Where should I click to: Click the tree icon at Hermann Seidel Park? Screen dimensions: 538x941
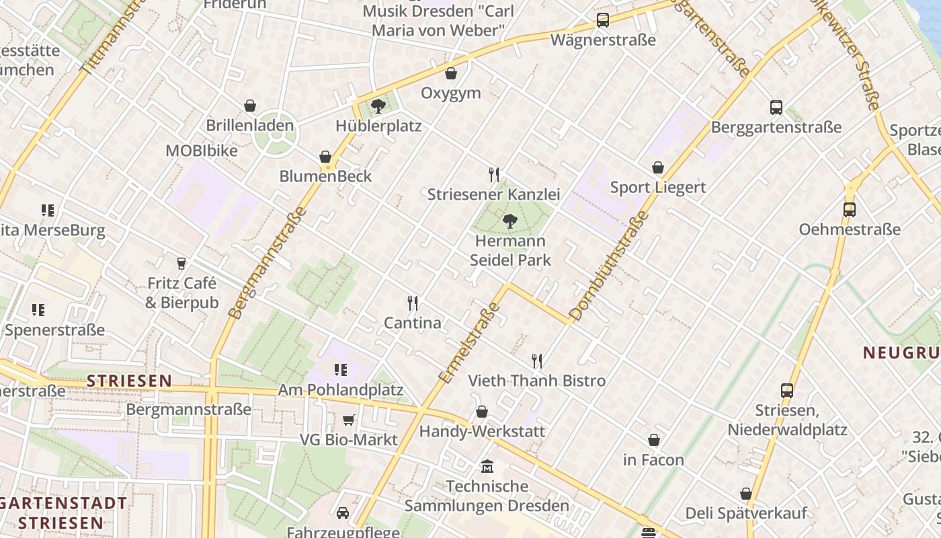(510, 221)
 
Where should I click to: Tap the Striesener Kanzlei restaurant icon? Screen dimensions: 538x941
(494, 175)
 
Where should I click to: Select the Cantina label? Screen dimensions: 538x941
(413, 323)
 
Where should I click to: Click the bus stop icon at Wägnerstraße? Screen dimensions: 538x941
(603, 20)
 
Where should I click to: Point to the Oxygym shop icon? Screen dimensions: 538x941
(451, 73)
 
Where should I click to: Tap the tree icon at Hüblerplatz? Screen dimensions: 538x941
(378, 106)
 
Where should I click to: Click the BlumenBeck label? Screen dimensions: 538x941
(325, 176)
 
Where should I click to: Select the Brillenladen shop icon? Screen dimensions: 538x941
(250, 106)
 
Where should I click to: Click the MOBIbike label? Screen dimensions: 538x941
(202, 151)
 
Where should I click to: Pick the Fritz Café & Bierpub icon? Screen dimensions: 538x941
(181, 263)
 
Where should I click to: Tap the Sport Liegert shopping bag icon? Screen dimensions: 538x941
(658, 167)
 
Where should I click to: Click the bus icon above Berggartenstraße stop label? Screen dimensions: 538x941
(776, 107)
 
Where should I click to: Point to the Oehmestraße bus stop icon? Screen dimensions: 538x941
(850, 210)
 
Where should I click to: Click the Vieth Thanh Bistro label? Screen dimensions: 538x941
(537, 381)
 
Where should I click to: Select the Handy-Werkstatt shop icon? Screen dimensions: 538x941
(482, 412)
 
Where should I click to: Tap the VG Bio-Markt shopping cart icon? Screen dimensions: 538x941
(349, 420)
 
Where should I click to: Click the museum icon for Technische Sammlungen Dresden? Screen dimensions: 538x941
(487, 466)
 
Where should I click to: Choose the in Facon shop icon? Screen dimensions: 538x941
(654, 440)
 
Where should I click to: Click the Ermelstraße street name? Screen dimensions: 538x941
(470, 343)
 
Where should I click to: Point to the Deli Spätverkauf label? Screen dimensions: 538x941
(746, 513)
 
